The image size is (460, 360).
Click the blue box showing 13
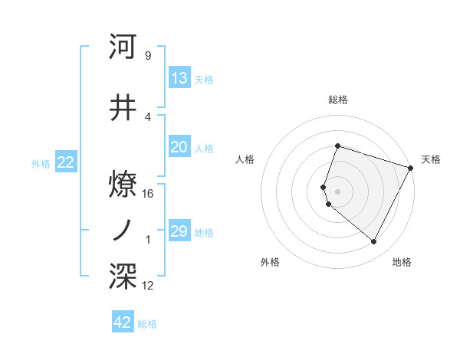179,78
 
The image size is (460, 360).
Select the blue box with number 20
179,148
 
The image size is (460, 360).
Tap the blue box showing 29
179,231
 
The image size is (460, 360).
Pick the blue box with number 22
65,162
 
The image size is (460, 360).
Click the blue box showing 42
123,322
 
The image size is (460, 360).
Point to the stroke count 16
148,193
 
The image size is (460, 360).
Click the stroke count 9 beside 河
147,56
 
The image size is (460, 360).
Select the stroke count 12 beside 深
148,286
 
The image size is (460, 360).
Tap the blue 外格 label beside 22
41,163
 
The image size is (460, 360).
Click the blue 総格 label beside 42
147,324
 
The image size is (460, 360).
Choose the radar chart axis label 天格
431,159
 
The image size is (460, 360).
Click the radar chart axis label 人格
245,159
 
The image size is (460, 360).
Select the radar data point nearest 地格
373,242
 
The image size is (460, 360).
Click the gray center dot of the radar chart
337,191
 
